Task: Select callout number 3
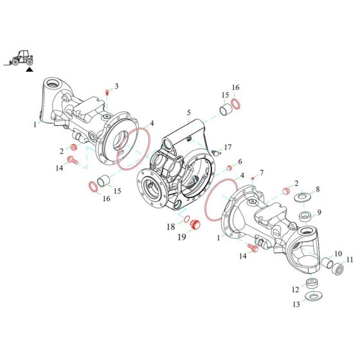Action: [x=116, y=85]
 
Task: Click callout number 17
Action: [x=228, y=147]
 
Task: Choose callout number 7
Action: [x=261, y=173]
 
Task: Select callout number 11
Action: [x=350, y=259]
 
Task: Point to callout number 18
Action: [x=172, y=227]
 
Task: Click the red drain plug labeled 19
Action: [x=197, y=225]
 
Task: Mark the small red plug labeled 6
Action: [x=228, y=168]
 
